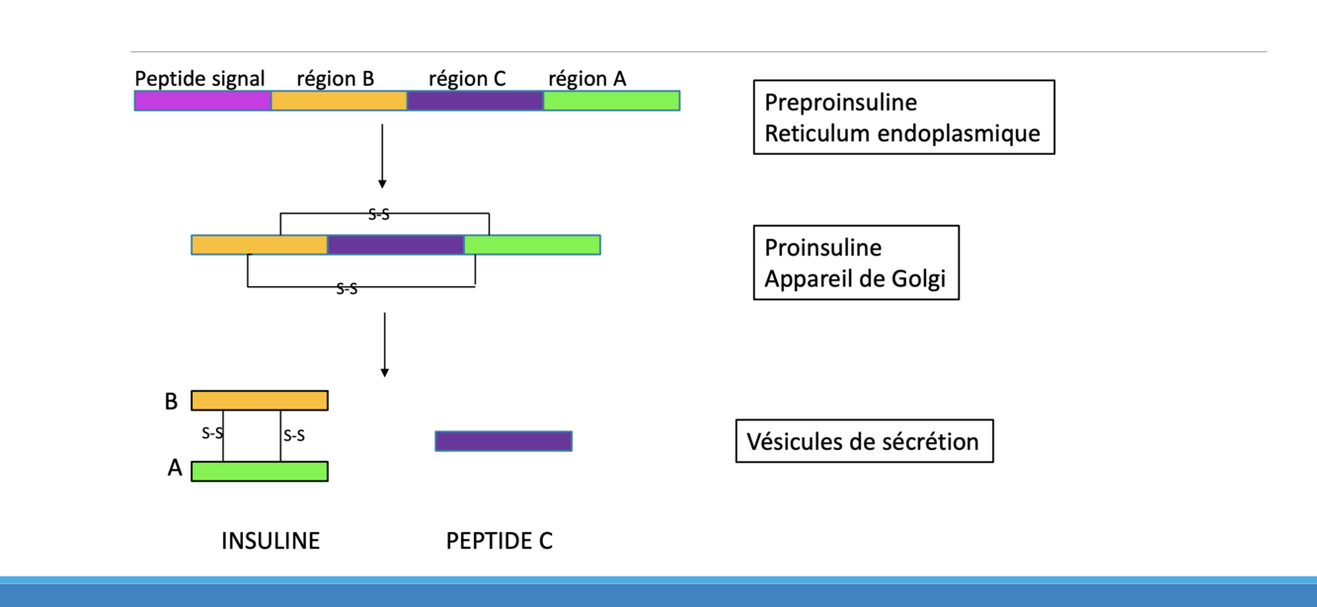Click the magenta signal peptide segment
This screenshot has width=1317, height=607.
[202, 101]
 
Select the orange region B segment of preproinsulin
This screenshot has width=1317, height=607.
[339, 101]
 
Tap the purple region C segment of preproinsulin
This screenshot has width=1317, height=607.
[475, 101]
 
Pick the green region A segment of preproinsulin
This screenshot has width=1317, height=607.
[611, 101]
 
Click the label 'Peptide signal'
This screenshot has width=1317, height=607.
[200, 78]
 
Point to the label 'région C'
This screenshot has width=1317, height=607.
[467, 78]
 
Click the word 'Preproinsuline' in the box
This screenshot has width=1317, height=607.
[840, 103]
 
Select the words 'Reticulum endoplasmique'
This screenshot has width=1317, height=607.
[902, 133]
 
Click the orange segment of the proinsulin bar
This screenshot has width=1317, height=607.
[260, 245]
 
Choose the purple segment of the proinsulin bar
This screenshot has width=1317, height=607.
[395, 245]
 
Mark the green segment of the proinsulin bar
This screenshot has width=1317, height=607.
[532, 245]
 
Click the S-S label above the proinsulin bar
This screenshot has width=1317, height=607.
[379, 213]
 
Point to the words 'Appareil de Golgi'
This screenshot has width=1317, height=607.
[855, 278]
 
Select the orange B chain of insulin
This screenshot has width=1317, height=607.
[260, 401]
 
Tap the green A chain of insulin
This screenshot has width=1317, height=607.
[260, 471]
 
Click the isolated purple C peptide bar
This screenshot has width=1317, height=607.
[504, 441]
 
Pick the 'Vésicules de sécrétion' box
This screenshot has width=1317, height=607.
[864, 441]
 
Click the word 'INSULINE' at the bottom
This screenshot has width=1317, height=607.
[271, 541]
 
